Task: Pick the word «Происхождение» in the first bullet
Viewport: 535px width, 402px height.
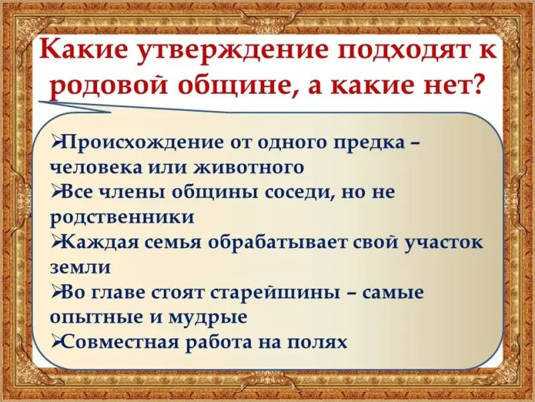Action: pyautogui.click(x=144, y=143)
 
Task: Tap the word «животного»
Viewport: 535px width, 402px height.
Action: pyautogui.click(x=248, y=167)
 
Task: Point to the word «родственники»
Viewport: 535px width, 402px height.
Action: pyautogui.click(x=122, y=216)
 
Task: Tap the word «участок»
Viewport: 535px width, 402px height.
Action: pyautogui.click(x=443, y=242)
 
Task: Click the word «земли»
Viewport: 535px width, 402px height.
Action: pyautogui.click(x=80, y=267)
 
